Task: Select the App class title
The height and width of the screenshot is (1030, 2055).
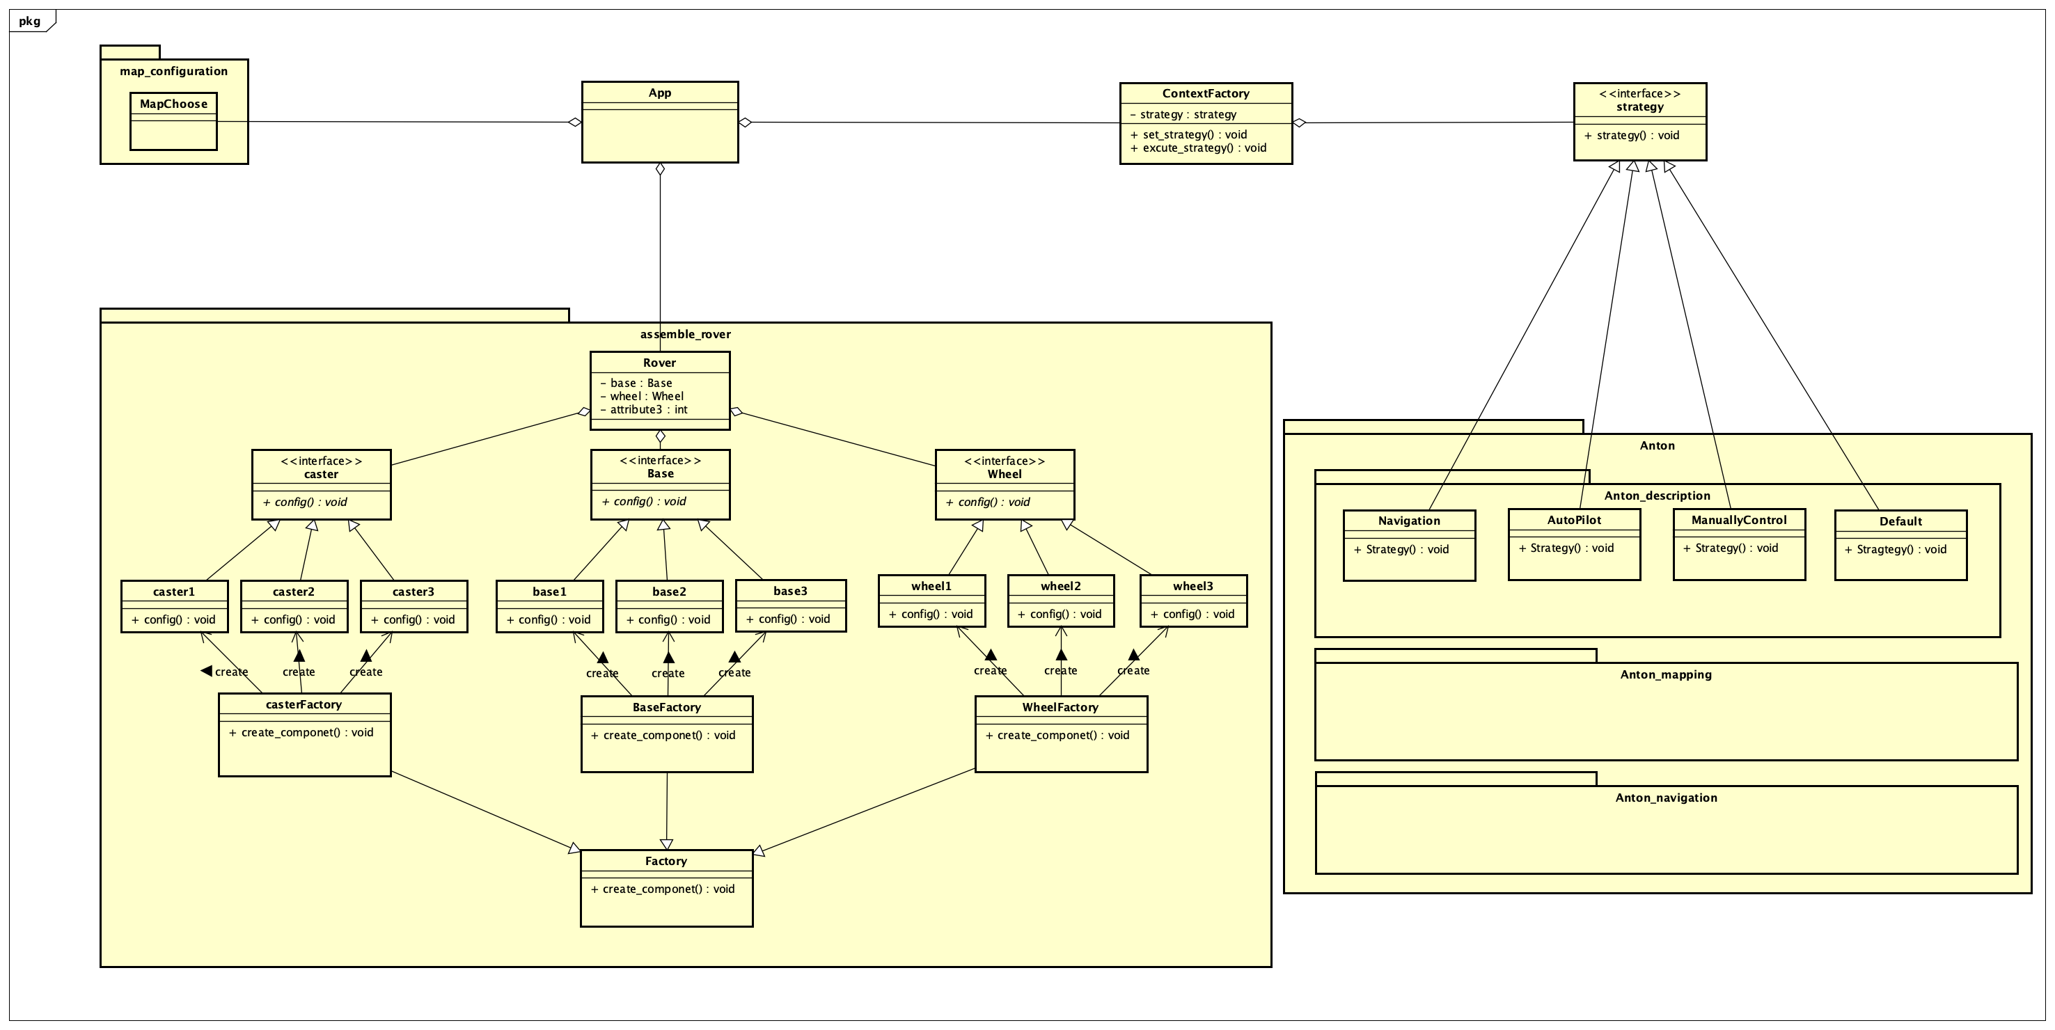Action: click(660, 93)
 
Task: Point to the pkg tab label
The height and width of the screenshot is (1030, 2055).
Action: click(29, 21)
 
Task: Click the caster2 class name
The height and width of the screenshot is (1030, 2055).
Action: click(294, 591)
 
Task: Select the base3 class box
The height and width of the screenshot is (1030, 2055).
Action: click(790, 605)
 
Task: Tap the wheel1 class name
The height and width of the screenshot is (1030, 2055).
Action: click(931, 585)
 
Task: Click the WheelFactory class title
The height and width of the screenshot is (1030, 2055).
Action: click(1060, 707)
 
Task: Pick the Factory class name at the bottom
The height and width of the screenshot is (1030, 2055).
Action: click(666, 861)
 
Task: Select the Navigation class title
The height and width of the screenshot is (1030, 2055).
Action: click(1409, 520)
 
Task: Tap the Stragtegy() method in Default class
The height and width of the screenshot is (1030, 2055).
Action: click(1901, 549)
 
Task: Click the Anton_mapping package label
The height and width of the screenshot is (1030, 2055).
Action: click(1666, 674)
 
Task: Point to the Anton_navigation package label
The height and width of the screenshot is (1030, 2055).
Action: click(1666, 797)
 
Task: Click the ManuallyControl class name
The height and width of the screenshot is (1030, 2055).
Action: click(1738, 519)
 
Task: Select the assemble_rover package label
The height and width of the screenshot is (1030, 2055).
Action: click(684, 334)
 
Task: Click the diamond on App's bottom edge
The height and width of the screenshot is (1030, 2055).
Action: click(660, 169)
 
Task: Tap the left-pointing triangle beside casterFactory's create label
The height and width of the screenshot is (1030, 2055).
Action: click(207, 671)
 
